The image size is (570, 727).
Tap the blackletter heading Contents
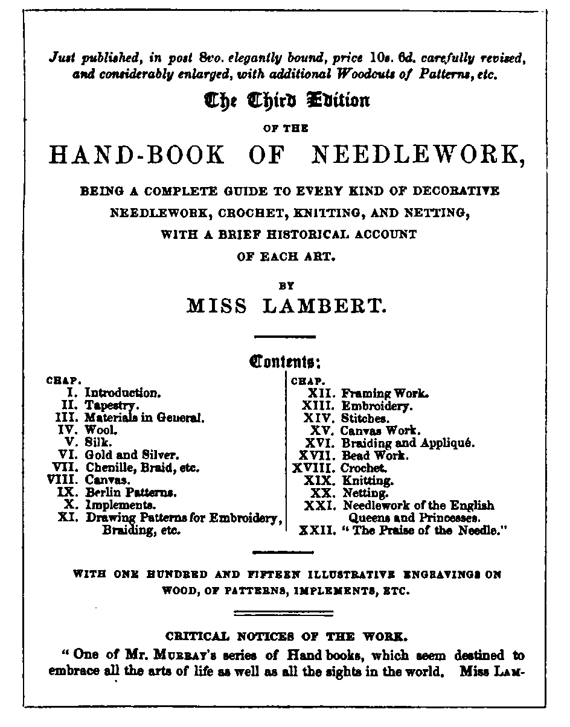coord(284,364)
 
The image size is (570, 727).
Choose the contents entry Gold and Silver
coord(132,454)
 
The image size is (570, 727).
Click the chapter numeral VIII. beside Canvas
coord(63,480)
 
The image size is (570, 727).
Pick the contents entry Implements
coord(121,504)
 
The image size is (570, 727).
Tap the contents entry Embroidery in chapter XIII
coord(377,406)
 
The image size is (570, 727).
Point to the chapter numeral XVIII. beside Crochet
coord(314,468)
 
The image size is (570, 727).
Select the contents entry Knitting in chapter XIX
coord(368,481)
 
